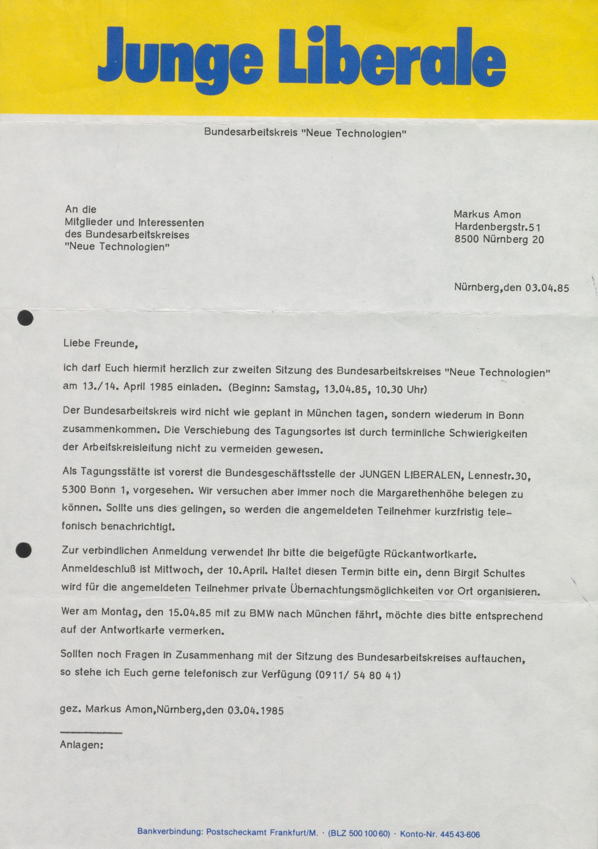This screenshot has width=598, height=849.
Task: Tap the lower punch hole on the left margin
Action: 23,550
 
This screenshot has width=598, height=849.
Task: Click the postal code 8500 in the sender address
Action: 467,239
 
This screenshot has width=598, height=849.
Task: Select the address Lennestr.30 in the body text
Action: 499,476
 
